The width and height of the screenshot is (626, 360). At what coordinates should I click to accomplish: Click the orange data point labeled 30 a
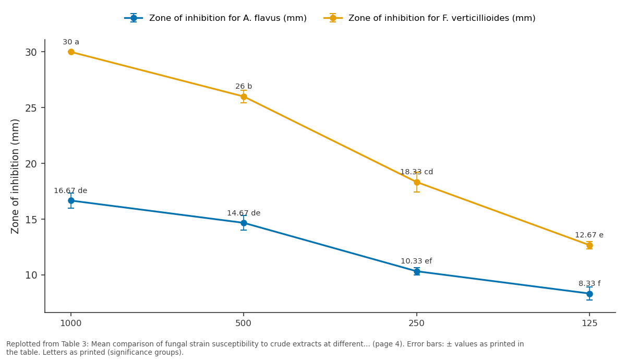coord(71,52)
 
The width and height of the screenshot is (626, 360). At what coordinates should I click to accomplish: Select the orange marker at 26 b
coord(244,97)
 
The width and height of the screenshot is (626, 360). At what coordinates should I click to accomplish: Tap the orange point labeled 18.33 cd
coord(417,182)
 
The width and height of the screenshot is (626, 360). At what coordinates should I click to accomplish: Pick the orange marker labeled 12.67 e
coord(589,245)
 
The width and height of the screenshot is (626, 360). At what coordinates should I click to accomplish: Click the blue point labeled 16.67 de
coord(71,201)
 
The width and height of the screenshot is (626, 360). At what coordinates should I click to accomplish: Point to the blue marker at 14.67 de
coord(244,223)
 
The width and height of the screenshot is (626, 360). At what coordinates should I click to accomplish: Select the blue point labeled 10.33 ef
coord(417,271)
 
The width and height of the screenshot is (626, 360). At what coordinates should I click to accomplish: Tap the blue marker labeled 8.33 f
coord(589,294)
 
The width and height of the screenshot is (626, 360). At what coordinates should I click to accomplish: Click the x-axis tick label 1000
coord(71,323)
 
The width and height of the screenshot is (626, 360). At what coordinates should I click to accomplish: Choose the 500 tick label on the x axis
coord(244,323)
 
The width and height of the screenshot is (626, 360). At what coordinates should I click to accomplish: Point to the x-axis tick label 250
coord(416,323)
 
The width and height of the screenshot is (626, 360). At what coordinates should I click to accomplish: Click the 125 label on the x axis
coord(589,323)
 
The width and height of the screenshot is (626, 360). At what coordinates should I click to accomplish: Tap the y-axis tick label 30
coord(31,52)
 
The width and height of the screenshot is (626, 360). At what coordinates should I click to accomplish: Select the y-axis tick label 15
coord(31,220)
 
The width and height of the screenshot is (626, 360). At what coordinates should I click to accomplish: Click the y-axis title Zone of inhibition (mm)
coord(15,176)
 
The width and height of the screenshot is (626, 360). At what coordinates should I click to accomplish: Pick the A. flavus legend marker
coord(134,18)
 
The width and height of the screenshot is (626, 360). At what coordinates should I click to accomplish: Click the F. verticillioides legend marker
coord(333,18)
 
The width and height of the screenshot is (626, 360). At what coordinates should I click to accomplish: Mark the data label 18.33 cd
coord(416,172)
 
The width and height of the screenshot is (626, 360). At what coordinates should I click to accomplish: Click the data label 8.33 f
coord(589,283)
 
